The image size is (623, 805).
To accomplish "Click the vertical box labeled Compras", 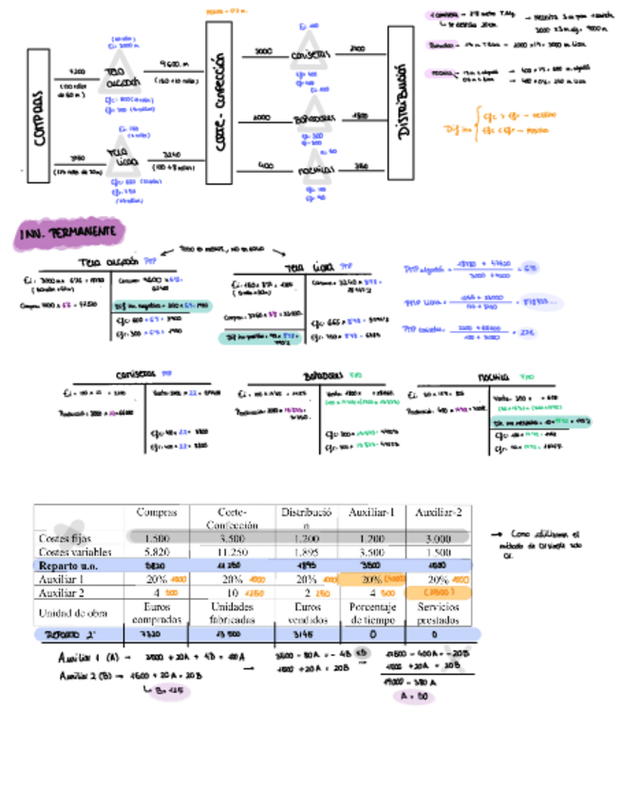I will click(39, 115).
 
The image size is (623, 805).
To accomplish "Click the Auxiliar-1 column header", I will click(371, 513).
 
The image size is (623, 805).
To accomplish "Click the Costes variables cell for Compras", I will click(157, 552).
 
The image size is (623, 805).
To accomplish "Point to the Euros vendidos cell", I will click(308, 611).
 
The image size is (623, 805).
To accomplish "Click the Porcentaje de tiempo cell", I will click(371, 611).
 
